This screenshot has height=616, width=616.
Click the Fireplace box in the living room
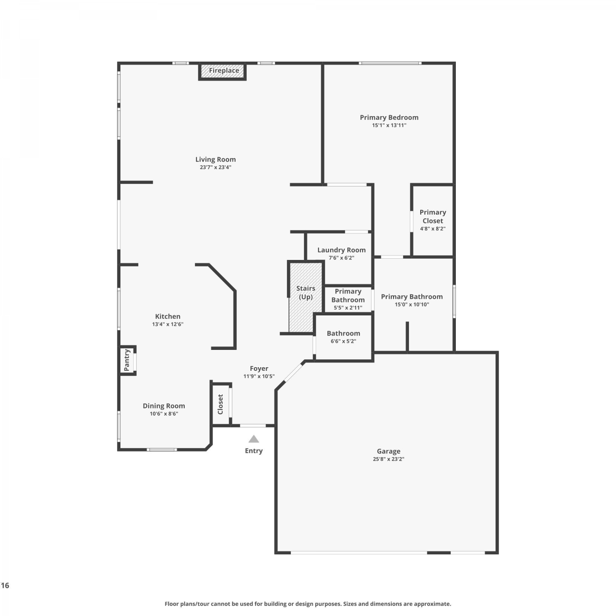tap(222, 71)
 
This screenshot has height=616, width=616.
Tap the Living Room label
tap(216, 159)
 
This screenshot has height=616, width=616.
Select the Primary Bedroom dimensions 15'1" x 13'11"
tap(389, 125)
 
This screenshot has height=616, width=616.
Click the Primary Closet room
tap(432, 221)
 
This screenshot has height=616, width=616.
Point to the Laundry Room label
tap(341, 250)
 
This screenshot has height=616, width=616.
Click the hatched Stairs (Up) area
tap(306, 297)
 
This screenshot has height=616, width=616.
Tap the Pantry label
tap(127, 360)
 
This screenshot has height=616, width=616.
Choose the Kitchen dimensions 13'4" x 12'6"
tap(168, 324)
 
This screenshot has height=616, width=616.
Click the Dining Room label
tap(164, 406)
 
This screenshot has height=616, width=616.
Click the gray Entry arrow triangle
tap(254, 439)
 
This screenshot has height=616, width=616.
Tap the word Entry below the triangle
tap(254, 451)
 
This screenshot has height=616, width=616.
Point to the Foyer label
tap(259, 369)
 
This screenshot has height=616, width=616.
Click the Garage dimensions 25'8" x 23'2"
tap(388, 459)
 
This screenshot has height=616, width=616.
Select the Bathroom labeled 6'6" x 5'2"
tap(343, 337)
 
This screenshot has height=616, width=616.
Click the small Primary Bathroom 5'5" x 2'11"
tap(348, 299)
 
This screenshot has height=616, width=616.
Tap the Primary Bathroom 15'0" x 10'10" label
tap(412, 297)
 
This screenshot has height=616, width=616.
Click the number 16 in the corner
tap(5, 586)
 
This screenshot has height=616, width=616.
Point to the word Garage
tap(388, 451)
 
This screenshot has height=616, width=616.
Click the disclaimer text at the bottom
tap(308, 604)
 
